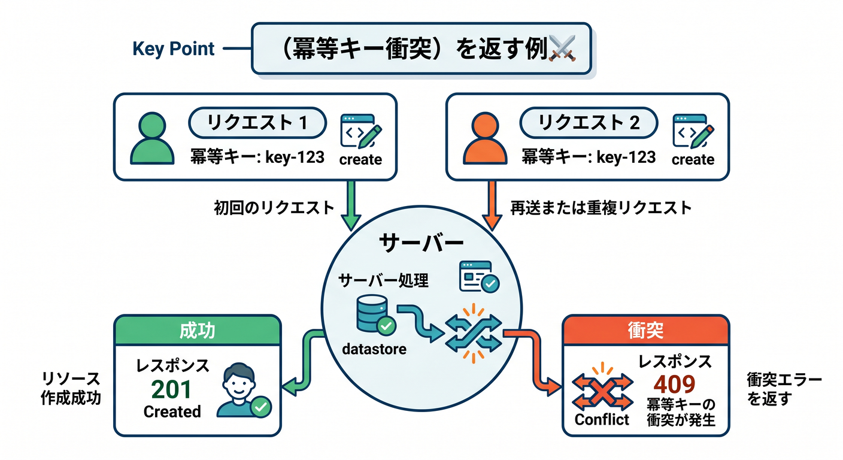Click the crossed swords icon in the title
562,48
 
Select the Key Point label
174,49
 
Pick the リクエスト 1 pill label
257,123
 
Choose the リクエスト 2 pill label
589,123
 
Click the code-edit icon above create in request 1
361,131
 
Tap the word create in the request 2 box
693,159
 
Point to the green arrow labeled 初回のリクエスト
351,205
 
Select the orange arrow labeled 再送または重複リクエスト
492,205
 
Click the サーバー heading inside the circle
421,243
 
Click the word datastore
374,349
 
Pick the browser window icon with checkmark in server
480,277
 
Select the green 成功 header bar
198,331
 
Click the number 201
171,389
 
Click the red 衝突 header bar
646,331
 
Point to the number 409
674,385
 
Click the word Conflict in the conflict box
602,419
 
